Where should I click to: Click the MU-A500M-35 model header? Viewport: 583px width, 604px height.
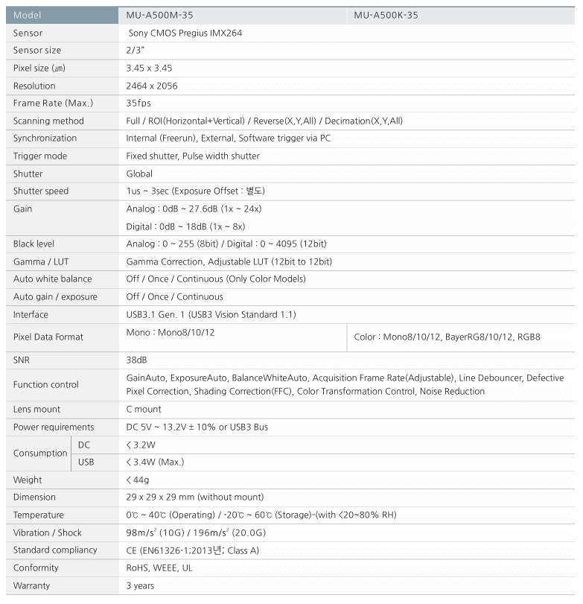(160, 15)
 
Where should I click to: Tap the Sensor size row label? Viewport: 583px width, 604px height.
(37, 51)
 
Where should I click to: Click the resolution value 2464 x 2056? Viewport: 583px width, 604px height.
(152, 86)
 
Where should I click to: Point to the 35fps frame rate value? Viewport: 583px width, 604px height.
(139, 104)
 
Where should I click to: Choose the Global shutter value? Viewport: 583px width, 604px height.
(139, 174)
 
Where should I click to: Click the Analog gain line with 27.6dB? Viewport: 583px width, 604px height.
(194, 209)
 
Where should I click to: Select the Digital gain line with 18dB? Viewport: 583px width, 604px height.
(186, 226)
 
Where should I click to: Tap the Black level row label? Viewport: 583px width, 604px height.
(34, 244)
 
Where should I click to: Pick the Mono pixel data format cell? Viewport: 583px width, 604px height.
(171, 332)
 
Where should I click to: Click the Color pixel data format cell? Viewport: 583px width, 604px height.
(447, 337)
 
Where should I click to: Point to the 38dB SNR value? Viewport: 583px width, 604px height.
(137, 360)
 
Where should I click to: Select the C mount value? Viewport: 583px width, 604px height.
(144, 410)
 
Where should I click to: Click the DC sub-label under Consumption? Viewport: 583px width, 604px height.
(84, 445)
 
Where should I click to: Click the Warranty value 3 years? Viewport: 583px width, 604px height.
(140, 585)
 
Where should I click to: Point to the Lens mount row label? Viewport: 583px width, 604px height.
(36, 410)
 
